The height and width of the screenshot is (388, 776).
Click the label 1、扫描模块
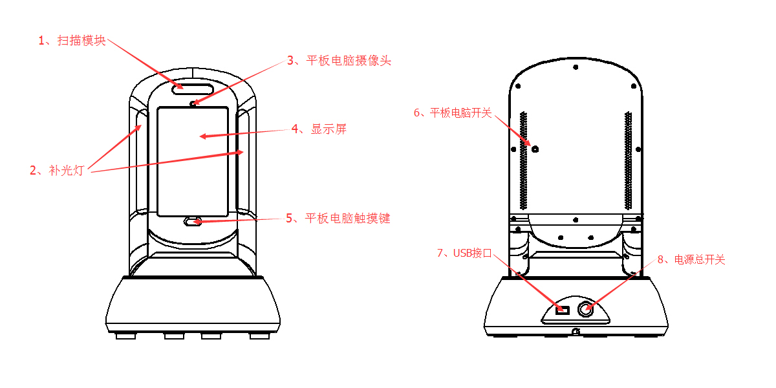click(x=72, y=41)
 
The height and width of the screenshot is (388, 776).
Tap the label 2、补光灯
click(x=57, y=171)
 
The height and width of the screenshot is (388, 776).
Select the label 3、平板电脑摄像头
click(x=339, y=61)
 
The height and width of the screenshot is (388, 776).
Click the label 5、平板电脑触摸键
click(x=338, y=219)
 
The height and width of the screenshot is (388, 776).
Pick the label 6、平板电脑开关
click(x=453, y=113)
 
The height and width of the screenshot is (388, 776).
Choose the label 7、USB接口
click(x=464, y=253)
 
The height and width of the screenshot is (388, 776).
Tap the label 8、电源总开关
click(x=691, y=260)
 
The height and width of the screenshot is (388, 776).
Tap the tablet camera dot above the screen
click(x=193, y=102)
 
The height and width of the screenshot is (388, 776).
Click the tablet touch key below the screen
click(x=192, y=222)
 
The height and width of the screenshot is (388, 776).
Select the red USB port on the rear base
click(x=561, y=310)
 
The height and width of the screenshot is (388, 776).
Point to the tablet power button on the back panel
click(x=535, y=149)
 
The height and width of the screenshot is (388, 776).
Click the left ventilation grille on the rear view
click(x=524, y=162)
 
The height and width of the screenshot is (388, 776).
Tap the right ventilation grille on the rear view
click(x=628, y=162)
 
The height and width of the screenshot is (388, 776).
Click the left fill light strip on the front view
click(x=140, y=162)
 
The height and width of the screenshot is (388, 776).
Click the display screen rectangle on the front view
click(x=193, y=162)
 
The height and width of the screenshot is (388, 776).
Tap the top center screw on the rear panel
click(x=576, y=66)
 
